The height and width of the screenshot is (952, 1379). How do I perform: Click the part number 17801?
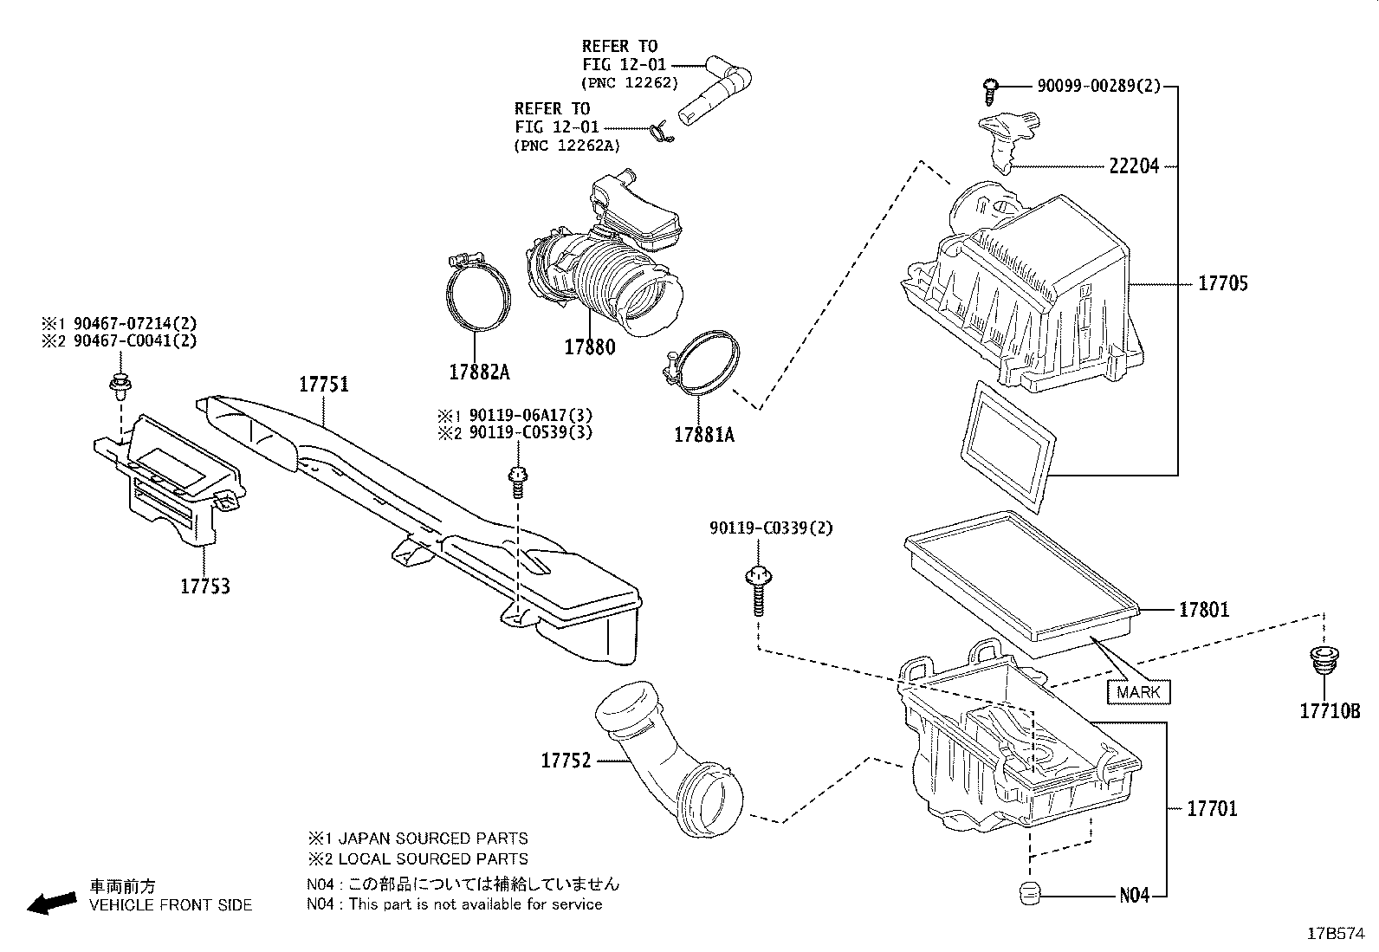[1203, 610]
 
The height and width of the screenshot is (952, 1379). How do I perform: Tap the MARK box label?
[1138, 692]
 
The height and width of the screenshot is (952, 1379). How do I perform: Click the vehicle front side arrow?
[50, 903]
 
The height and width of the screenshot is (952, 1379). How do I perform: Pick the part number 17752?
[566, 761]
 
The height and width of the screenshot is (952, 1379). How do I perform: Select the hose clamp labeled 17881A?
[707, 365]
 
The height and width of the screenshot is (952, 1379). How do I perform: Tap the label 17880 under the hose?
[590, 346]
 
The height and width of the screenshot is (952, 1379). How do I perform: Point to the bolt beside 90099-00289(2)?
[991, 87]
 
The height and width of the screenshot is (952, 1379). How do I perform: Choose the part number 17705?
[1223, 283]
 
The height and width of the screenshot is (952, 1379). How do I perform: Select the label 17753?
[205, 586]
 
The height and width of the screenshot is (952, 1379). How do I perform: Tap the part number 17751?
[324, 385]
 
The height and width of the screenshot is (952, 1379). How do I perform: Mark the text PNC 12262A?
[567, 146]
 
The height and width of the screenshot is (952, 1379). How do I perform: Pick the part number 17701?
[1212, 809]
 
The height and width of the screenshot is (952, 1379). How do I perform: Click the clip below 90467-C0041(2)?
[118, 384]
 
